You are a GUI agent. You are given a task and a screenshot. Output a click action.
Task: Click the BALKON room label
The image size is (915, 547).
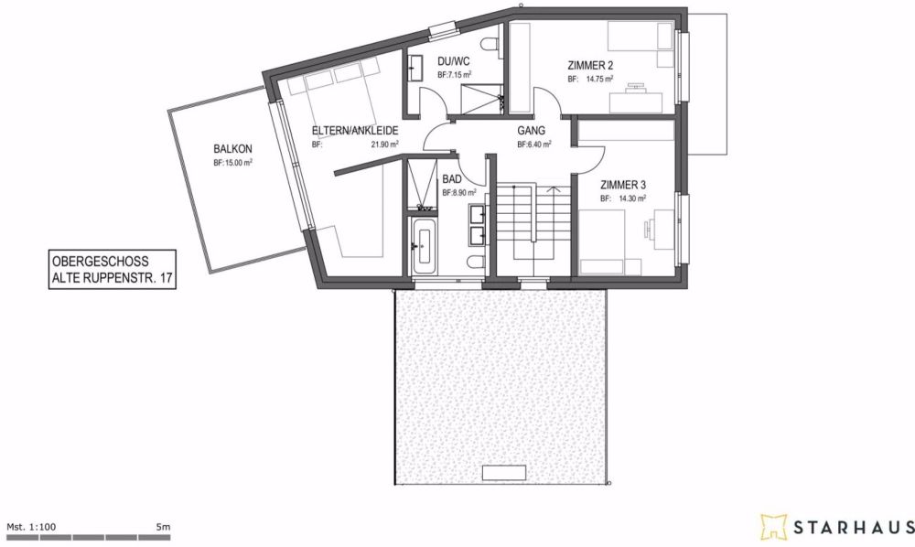click(232, 149)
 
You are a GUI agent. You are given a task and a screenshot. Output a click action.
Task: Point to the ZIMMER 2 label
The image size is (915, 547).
click(590, 65)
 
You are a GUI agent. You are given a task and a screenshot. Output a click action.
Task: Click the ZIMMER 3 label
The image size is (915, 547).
click(624, 184)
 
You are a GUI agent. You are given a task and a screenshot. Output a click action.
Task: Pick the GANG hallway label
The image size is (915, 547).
click(531, 131)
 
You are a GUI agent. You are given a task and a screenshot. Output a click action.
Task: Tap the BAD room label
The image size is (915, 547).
click(452, 180)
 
